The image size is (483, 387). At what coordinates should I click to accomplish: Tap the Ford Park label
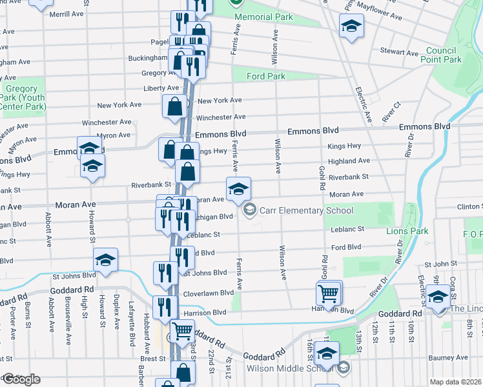[x=265, y=76]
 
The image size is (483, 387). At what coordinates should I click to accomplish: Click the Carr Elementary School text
[x=306, y=210]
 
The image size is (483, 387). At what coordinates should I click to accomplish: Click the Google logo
[x=21, y=379]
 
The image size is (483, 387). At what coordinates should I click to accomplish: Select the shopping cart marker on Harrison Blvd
[x=329, y=294]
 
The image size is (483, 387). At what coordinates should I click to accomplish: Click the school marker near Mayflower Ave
[x=352, y=26]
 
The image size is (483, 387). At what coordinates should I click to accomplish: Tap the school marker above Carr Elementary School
[x=238, y=189]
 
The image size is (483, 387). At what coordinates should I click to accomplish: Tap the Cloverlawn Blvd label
[x=209, y=292]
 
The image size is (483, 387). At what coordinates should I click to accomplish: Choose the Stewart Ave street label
[x=400, y=52]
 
